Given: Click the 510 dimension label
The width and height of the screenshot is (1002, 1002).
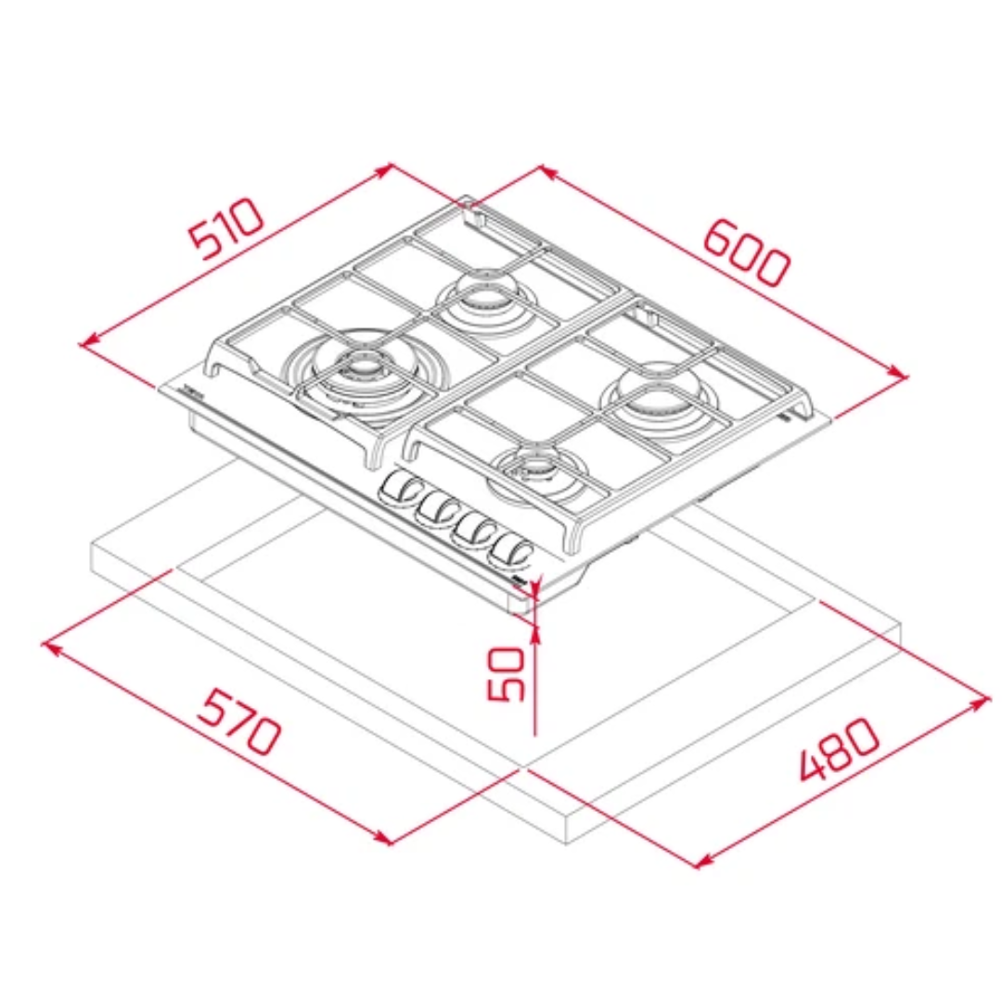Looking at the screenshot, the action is click(x=227, y=228).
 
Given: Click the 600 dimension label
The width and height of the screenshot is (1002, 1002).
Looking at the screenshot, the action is click(x=746, y=253).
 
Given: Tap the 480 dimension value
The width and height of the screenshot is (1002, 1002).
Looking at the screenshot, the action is click(x=839, y=749).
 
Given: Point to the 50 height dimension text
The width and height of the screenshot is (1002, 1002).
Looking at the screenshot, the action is click(x=506, y=674).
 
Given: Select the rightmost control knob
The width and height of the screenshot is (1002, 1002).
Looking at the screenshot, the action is click(x=509, y=550).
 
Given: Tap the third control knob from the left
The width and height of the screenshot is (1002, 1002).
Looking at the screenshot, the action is click(x=473, y=529).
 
